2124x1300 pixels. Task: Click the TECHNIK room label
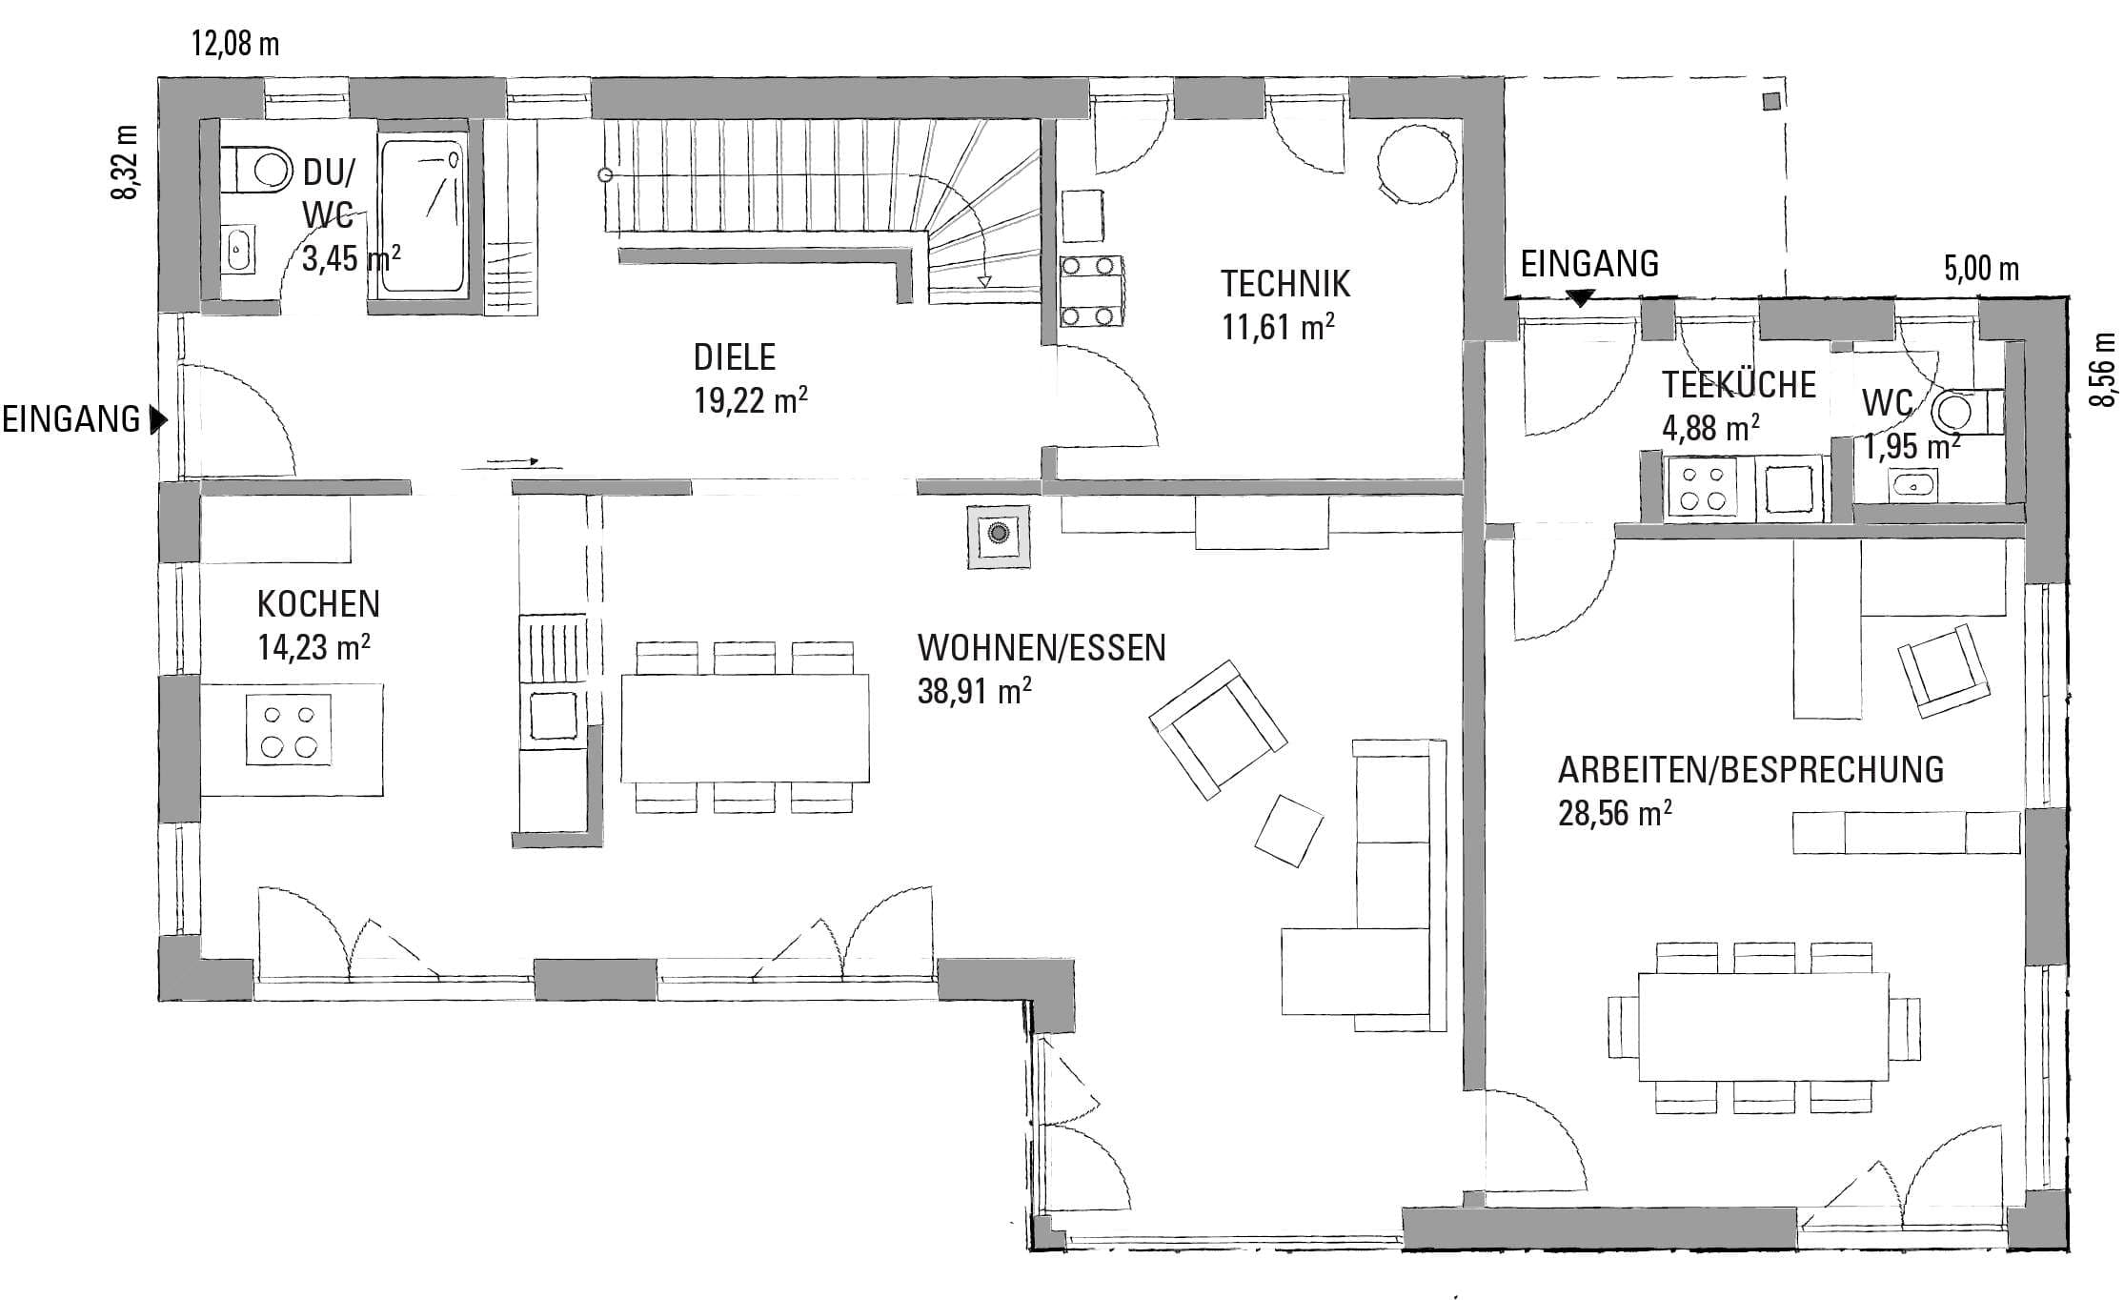tap(1285, 283)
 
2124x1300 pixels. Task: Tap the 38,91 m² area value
tap(974, 690)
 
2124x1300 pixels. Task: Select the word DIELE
tap(735, 357)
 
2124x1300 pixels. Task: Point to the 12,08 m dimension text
tap(235, 44)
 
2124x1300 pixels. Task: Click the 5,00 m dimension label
tap(1981, 269)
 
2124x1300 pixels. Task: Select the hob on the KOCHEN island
tap(289, 729)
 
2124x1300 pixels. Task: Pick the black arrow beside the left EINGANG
tap(159, 419)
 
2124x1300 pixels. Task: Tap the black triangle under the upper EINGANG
tap(1581, 297)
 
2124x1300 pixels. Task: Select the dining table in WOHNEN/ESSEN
tap(744, 728)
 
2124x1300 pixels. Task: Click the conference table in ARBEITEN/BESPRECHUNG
tap(1763, 1026)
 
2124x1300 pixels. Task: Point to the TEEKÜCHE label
tap(1739, 385)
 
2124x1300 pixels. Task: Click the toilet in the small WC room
tap(1966, 412)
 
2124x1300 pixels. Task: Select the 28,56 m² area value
tap(1615, 813)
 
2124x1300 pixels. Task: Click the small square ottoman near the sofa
tap(1288, 829)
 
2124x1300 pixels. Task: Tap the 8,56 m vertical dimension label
tap(2103, 369)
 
